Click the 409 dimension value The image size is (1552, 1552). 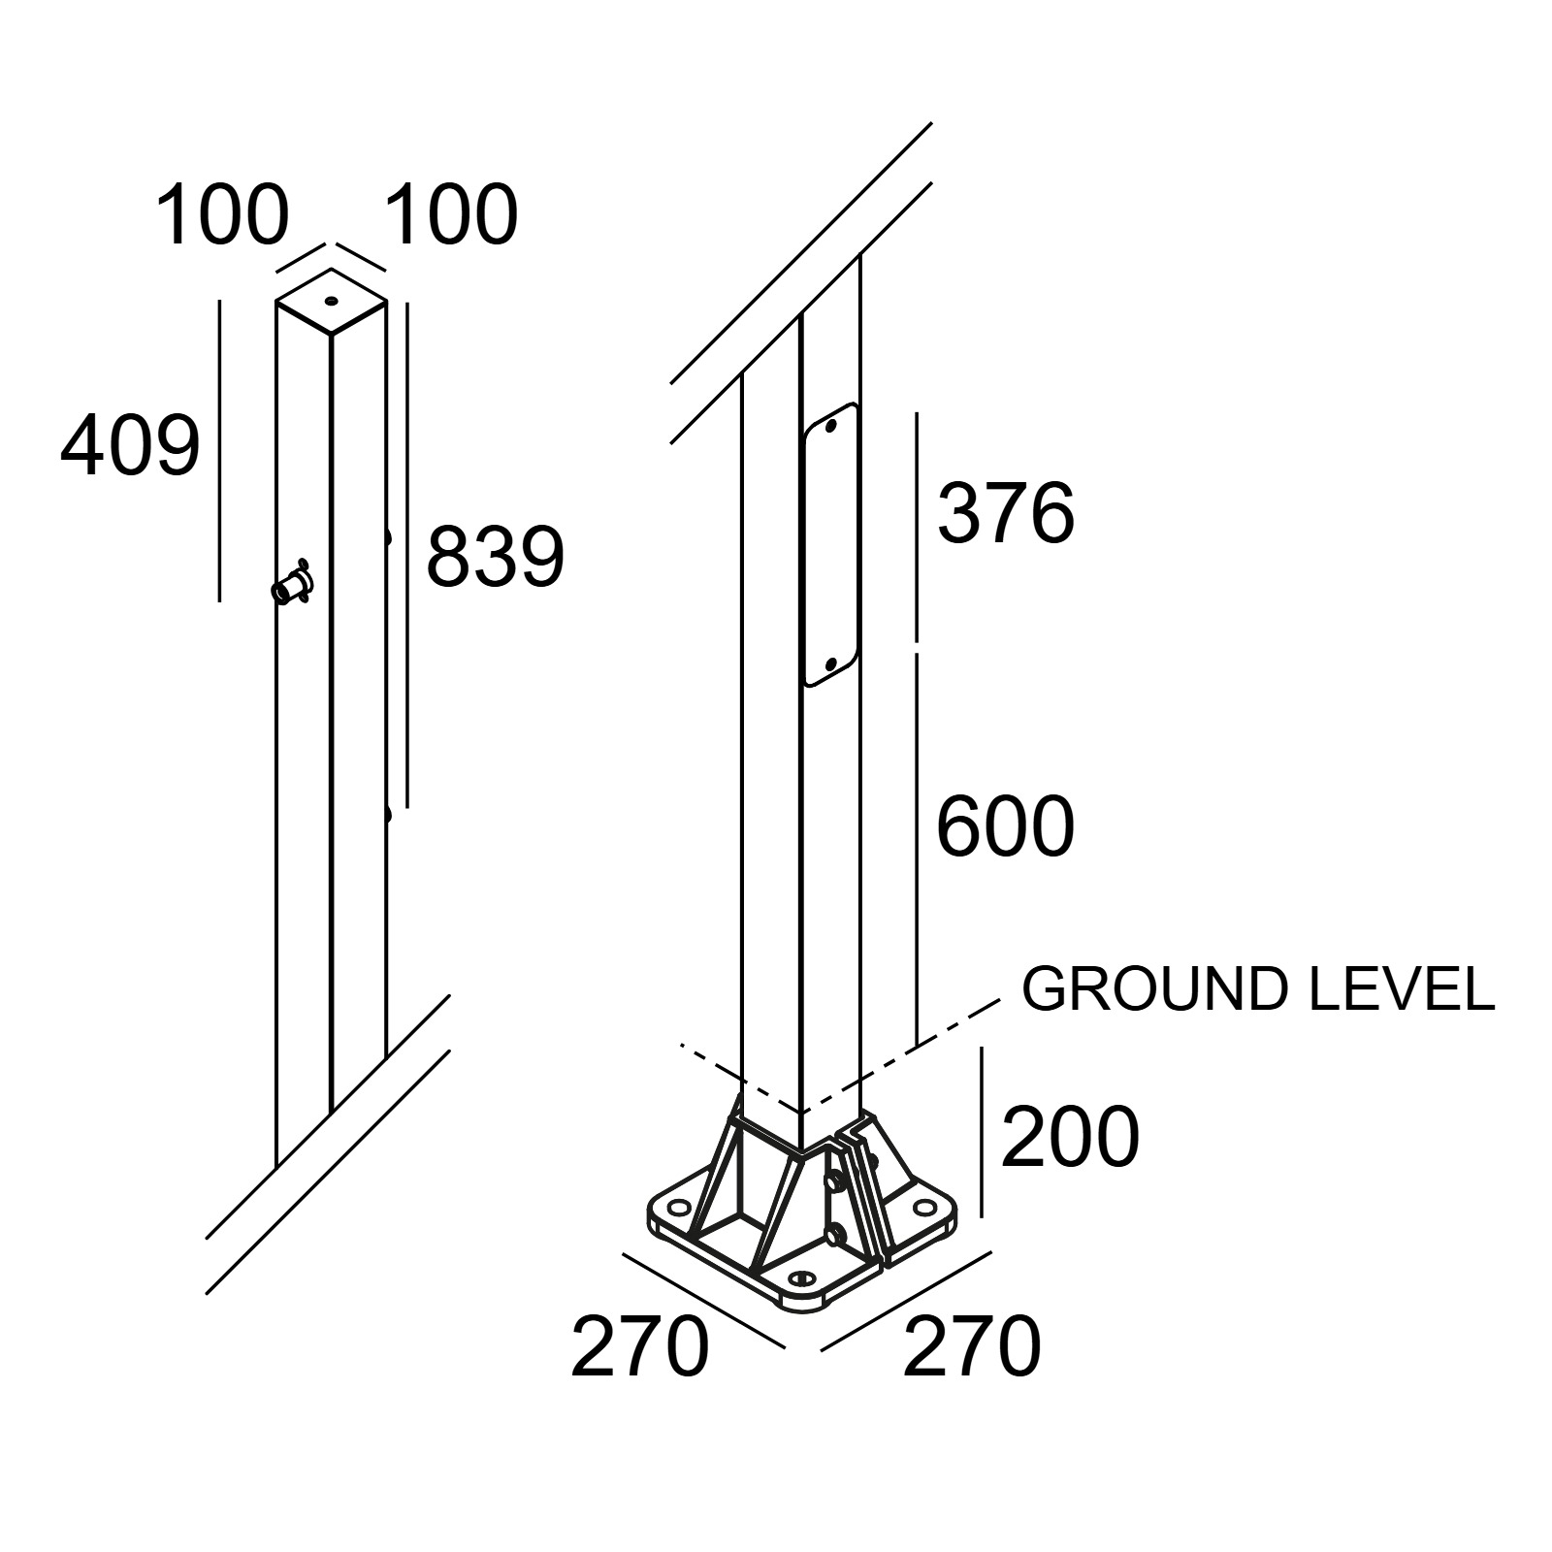130,446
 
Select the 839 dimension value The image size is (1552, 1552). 495,557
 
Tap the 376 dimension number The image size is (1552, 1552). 1006,512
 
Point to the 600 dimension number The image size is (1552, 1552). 1006,826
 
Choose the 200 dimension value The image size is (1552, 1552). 1070,1137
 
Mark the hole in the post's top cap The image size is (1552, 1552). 332,302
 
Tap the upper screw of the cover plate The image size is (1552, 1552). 830,425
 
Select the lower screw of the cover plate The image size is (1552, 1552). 830,665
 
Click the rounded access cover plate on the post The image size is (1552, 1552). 830,545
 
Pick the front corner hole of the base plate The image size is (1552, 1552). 802,1278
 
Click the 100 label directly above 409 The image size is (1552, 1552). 222,214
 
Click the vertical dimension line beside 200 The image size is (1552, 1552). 982,1132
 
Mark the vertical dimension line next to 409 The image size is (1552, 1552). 220,450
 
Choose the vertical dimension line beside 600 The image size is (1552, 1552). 916,849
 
